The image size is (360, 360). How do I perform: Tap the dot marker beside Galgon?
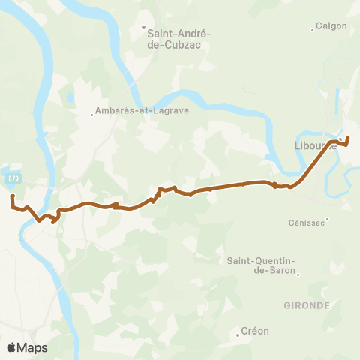[313, 30]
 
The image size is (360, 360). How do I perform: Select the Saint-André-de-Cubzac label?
[179, 38]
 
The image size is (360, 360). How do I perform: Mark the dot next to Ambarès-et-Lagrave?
[92, 115]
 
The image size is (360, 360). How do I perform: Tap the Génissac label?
[307, 223]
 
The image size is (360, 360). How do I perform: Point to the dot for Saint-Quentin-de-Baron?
[298, 274]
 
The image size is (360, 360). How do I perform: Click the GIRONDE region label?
[307, 306]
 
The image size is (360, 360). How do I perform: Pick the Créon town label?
[255, 331]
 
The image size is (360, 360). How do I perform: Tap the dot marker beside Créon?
[238, 335]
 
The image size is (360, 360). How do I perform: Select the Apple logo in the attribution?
[11, 347]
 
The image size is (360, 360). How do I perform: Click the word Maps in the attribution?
[32, 347]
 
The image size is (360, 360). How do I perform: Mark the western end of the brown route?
[12, 196]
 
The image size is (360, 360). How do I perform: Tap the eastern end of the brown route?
[348, 137]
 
